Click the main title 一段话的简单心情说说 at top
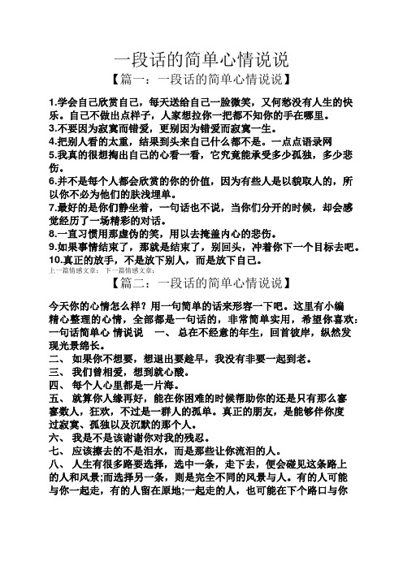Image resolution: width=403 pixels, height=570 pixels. click(x=201, y=58)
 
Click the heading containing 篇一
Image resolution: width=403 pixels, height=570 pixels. click(x=201, y=80)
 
